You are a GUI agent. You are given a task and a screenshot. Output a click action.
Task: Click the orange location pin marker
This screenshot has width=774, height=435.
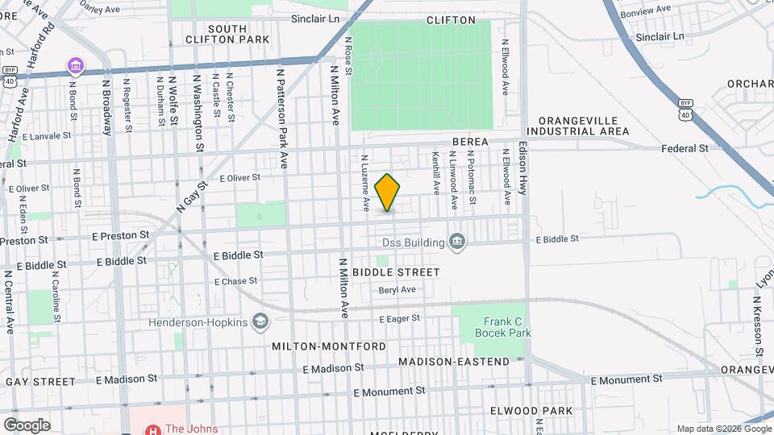(x=388, y=193)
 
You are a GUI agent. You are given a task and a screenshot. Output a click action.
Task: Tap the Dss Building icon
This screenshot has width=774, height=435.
(x=457, y=242)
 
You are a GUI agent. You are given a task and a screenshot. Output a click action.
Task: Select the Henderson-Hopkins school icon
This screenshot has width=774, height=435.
(x=260, y=322)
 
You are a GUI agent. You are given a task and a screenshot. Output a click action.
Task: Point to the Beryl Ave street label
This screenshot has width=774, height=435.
(x=397, y=290)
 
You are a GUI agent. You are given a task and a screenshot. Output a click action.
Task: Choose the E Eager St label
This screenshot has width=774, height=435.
(x=400, y=318)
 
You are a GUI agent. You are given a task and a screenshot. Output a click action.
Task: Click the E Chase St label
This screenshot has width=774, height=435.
(x=235, y=281)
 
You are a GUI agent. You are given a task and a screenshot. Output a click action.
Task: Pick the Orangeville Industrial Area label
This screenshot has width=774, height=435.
(x=584, y=126)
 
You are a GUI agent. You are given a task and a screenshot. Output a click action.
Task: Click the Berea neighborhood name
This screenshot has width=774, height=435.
(x=470, y=142)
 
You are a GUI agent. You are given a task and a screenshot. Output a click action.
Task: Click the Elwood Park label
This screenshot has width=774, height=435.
(x=531, y=411)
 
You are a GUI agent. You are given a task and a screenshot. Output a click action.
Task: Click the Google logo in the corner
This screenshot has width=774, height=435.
(x=26, y=425)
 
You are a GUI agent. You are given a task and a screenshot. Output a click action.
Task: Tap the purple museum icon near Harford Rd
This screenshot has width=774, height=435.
(x=75, y=64)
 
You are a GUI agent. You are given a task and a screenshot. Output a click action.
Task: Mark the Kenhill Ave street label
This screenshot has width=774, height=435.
(x=436, y=173)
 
